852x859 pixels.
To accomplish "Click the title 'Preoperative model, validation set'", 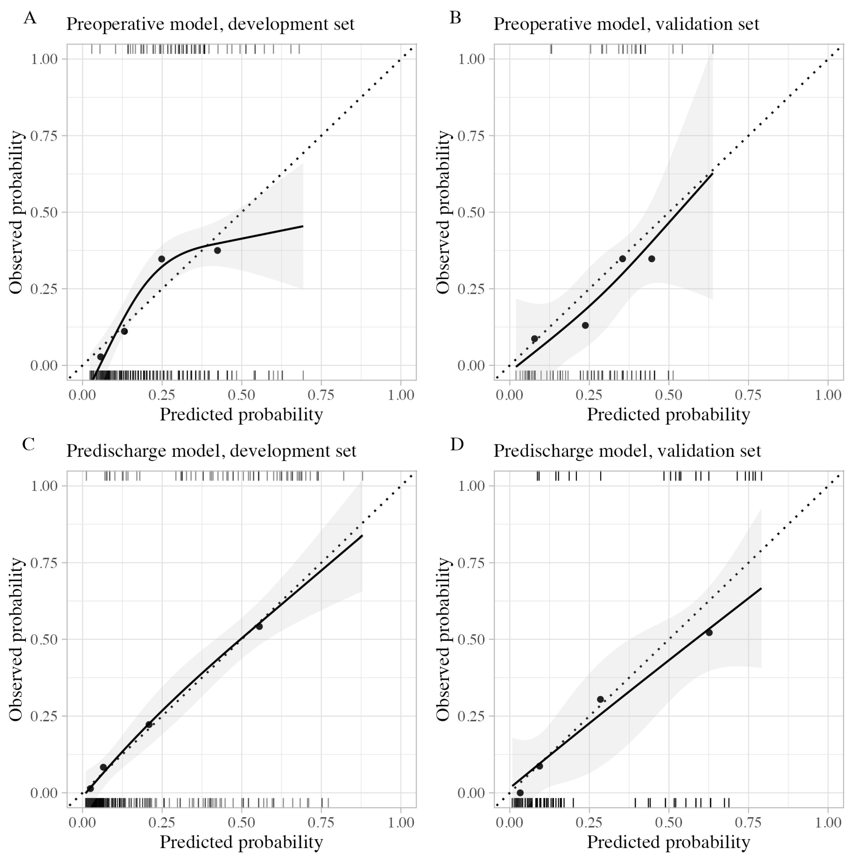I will (x=626, y=24).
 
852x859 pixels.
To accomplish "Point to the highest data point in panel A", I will (x=217, y=250).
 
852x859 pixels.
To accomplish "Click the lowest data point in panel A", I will (x=100, y=357).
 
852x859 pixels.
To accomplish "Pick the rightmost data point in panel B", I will (x=651, y=259).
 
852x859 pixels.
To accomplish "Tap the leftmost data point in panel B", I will (x=535, y=339).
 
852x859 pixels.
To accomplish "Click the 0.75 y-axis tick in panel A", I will (x=44, y=136).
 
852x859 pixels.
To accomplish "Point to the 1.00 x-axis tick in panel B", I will (x=828, y=395).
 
